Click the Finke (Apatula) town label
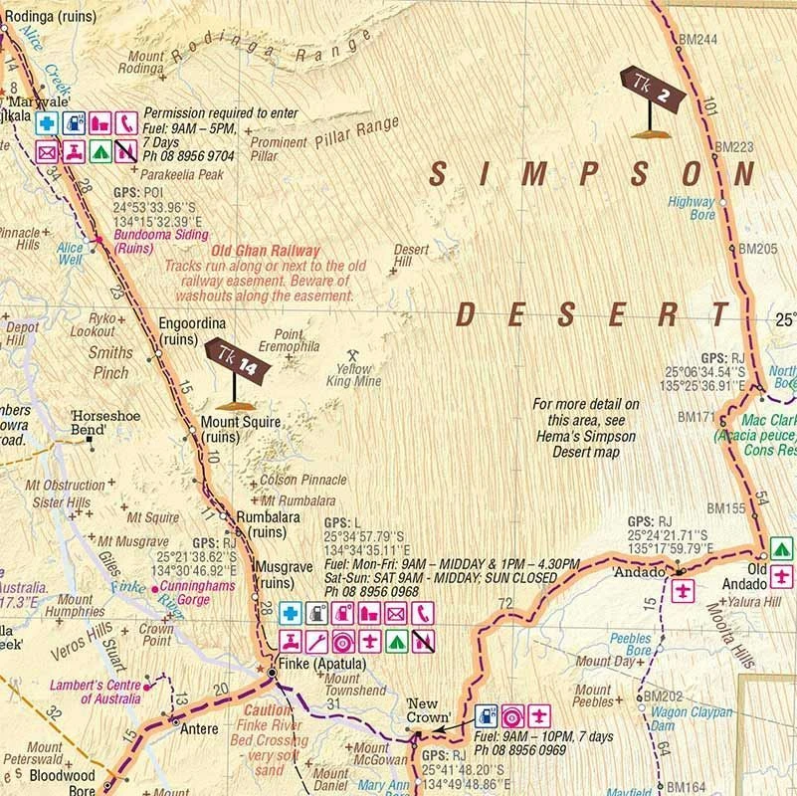click(309, 665)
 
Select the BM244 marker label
click(697, 39)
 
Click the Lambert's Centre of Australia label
click(97, 692)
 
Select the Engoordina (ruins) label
click(192, 330)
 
